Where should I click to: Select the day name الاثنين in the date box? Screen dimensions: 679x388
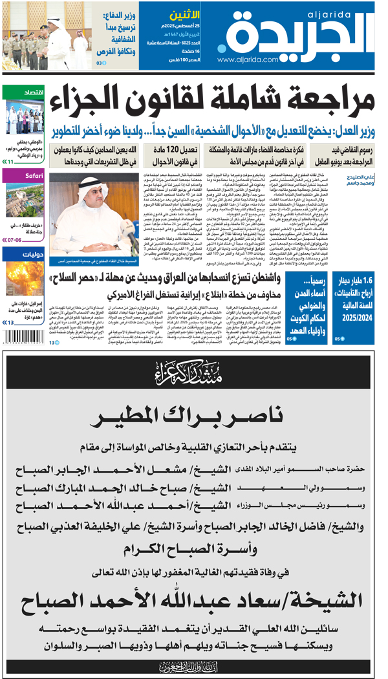click(x=184, y=14)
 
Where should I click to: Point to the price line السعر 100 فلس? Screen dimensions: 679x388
click(x=183, y=59)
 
